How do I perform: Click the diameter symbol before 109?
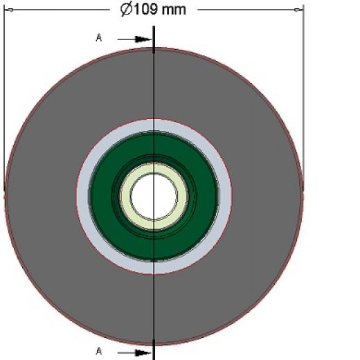click(127, 10)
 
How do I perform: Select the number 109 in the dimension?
click(145, 9)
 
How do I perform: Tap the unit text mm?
click(174, 10)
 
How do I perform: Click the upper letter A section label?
click(99, 38)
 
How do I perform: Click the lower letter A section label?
click(99, 351)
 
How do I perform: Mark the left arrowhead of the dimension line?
click(9, 10)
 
